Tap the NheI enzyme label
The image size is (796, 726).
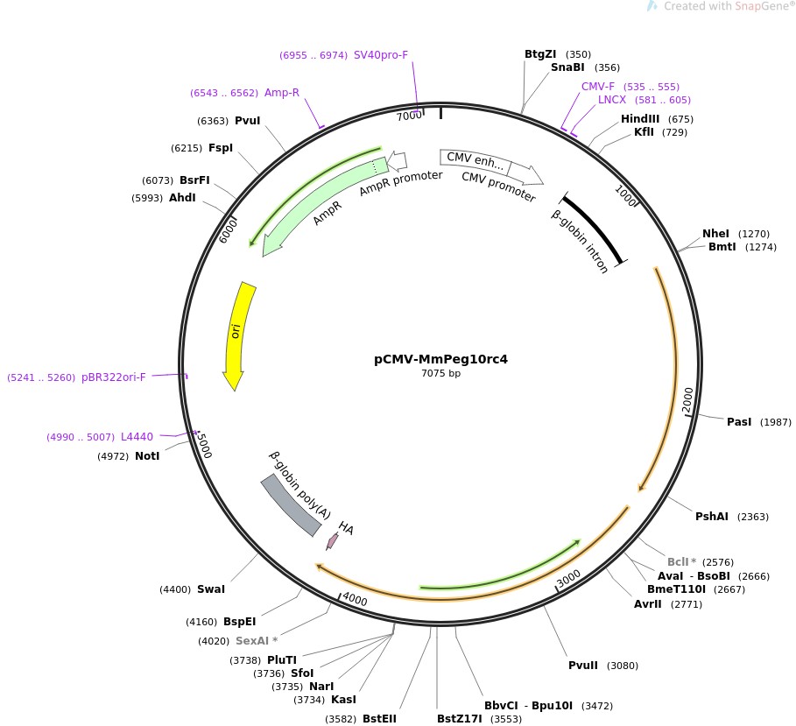715,234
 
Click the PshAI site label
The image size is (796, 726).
711,516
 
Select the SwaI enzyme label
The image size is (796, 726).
211,589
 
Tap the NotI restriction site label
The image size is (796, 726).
147,455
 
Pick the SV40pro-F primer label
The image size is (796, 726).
381,55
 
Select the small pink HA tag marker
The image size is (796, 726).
332,541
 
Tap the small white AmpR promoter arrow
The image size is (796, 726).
398,160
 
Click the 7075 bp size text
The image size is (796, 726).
440,374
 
